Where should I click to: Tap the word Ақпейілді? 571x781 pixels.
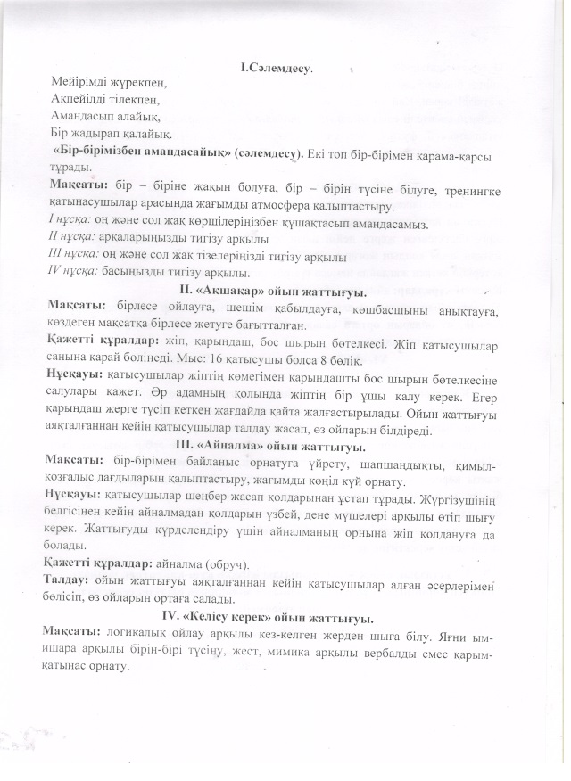tap(77, 100)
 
